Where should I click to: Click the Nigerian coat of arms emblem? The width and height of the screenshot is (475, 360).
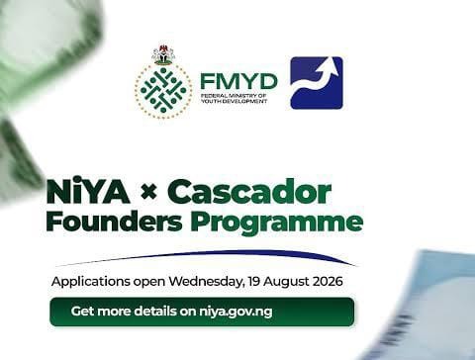pyautogui.click(x=163, y=54)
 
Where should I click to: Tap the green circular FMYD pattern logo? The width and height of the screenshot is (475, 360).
pyautogui.click(x=163, y=91)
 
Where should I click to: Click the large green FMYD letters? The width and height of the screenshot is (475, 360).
pyautogui.click(x=238, y=81)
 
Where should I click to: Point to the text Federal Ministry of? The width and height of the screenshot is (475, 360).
pyautogui.click(x=234, y=96)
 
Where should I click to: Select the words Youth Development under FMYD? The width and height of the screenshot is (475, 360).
pyautogui.click(x=234, y=101)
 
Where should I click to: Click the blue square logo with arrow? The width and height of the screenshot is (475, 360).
pyautogui.click(x=317, y=83)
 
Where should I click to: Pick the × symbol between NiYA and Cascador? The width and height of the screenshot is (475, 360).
pyautogui.click(x=148, y=192)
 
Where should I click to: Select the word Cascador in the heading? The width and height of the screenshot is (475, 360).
pyautogui.click(x=249, y=191)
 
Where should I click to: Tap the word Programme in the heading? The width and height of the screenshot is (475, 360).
pyautogui.click(x=277, y=223)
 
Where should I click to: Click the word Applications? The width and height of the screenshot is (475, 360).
pyautogui.click(x=91, y=282)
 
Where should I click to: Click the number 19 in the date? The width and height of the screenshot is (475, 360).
pyautogui.click(x=254, y=282)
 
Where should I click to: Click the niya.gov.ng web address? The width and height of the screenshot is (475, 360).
pyautogui.click(x=236, y=312)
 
